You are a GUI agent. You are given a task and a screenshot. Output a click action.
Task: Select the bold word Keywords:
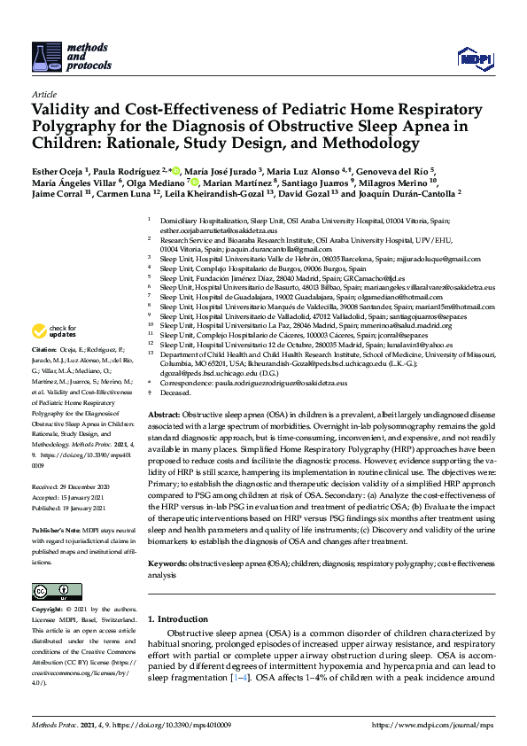[167, 538]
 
